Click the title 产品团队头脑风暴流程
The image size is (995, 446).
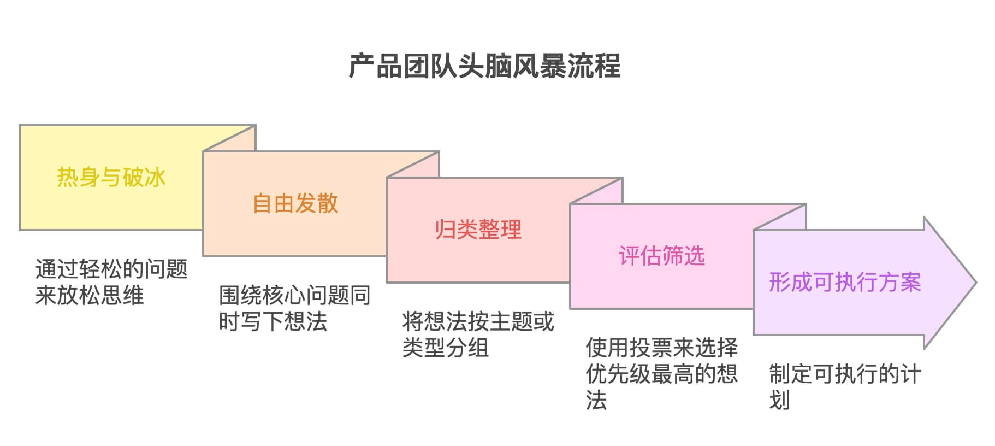click(484, 66)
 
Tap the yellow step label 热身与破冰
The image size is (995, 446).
click(111, 177)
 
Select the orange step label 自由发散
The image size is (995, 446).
click(295, 203)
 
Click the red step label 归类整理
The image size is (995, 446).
click(478, 230)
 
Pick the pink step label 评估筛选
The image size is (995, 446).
click(662, 256)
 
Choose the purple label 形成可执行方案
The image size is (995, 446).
click(845, 282)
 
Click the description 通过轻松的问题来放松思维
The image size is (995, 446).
click(111, 282)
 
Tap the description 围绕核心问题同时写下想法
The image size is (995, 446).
click(295, 308)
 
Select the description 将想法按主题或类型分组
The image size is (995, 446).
click(478, 334)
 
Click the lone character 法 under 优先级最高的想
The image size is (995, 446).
click(596, 400)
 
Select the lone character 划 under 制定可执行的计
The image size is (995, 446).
click(780, 400)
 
